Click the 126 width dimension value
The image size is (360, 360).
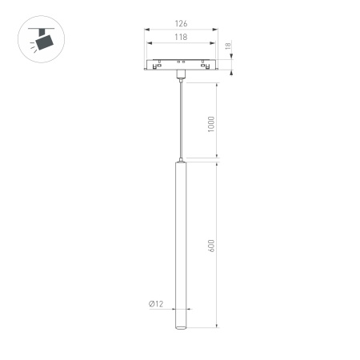point(180,24)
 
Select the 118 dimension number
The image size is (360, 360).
point(180,38)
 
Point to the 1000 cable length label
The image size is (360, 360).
point(212,124)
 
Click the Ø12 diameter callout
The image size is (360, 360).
point(156,304)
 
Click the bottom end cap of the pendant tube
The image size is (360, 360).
point(180,326)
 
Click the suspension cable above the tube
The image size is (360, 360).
point(180,120)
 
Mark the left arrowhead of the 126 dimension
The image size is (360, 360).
point(146,31)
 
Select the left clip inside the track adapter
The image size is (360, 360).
point(159,62)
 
